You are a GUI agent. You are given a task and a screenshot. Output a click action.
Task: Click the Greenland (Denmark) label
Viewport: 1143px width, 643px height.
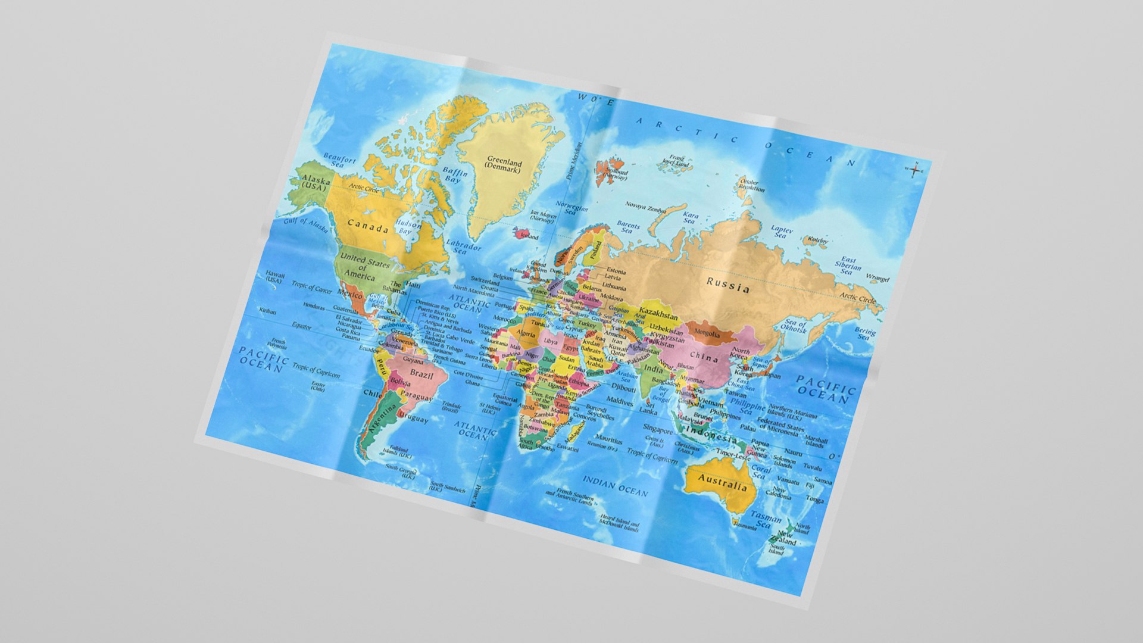503,164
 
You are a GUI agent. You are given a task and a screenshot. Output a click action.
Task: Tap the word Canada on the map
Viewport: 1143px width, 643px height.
368,226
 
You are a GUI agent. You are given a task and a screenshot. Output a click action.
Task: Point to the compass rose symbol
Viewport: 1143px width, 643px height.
914,169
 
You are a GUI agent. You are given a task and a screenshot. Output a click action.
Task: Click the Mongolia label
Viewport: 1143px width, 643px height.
707,334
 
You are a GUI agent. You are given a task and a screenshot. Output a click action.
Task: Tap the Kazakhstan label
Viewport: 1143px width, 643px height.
658,314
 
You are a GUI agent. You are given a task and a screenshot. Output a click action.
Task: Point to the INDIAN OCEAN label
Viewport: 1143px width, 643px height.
614,486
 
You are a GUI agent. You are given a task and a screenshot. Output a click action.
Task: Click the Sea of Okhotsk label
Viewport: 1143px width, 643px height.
794,326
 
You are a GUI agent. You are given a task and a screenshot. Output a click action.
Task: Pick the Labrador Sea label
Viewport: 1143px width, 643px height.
463,247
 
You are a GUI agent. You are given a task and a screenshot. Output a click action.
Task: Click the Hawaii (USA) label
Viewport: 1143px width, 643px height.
274,277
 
